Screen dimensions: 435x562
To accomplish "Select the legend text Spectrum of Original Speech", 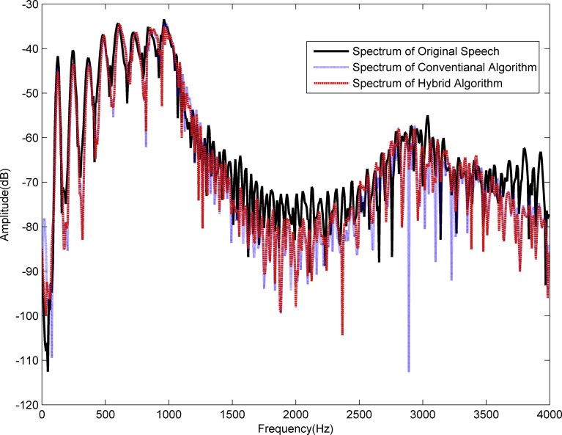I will (426, 52).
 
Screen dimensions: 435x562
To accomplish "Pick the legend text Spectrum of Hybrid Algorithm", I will (428, 84).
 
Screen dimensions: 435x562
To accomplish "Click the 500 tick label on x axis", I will (106, 414).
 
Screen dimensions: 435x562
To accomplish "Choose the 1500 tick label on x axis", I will (232, 414).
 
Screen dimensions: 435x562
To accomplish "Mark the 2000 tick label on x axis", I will (295, 414).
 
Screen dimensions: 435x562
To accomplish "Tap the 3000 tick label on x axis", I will (422, 414).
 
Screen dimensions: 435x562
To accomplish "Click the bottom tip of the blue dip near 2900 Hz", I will (409, 371).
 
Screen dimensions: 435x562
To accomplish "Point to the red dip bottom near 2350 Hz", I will (342, 335).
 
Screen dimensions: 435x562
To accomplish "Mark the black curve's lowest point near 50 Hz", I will (48, 370).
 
